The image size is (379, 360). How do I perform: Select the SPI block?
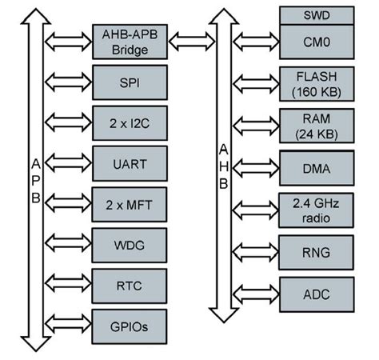click(130, 82)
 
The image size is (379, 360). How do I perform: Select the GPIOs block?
click(130, 326)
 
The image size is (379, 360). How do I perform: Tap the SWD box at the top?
click(317, 14)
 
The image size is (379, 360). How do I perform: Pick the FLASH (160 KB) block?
click(317, 83)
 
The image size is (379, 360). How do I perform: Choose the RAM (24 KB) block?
click(317, 126)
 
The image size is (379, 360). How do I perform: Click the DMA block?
click(317, 168)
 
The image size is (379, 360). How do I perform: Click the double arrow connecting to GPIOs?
click(67, 326)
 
